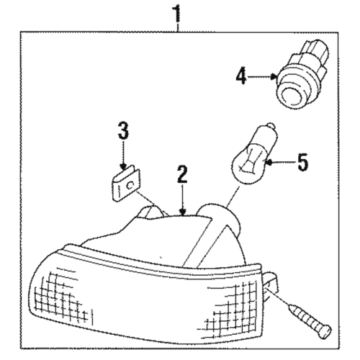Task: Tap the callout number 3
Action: (x=123, y=132)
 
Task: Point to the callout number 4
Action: (x=242, y=75)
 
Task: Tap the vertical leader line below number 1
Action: (x=177, y=27)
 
